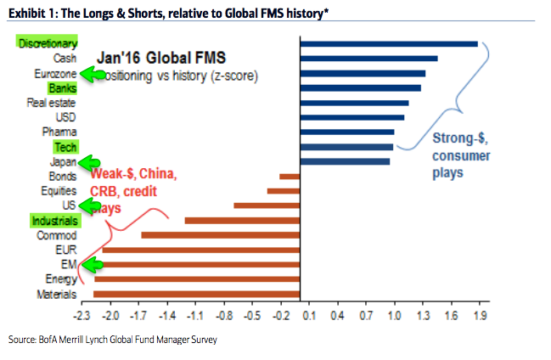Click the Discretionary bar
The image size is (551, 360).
point(389,43)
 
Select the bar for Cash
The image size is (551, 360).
point(369,59)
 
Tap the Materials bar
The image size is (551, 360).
point(197,294)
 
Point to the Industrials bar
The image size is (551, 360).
point(242,220)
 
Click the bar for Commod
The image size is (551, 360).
point(221,235)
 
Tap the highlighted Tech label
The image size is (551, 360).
point(65,147)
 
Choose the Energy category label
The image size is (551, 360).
point(60,278)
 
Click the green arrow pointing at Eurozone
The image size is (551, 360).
point(93,75)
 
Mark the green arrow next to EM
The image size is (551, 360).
point(89,266)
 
